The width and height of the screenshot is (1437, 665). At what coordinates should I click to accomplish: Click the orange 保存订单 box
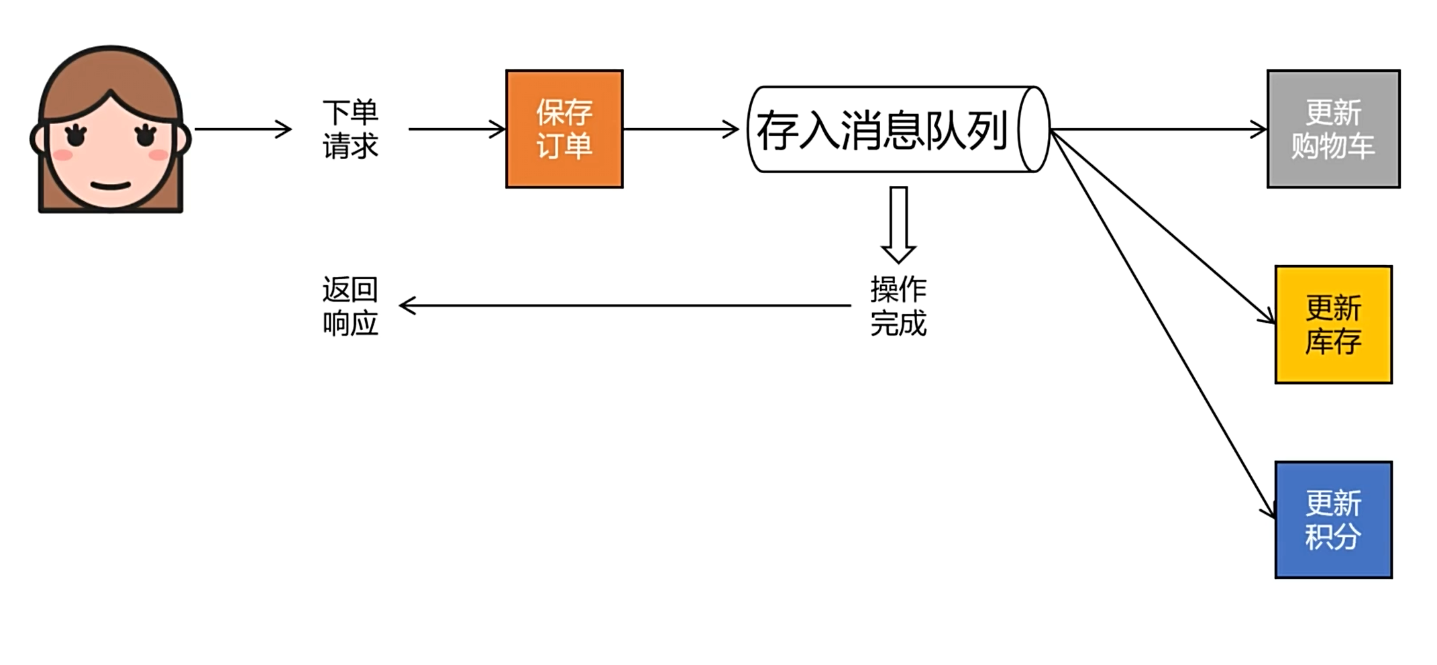[564, 129]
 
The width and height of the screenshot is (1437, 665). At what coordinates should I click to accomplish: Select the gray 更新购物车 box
[1333, 129]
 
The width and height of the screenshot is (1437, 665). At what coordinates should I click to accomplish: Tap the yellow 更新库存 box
[1333, 325]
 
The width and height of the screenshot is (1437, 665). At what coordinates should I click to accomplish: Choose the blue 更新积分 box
[1333, 520]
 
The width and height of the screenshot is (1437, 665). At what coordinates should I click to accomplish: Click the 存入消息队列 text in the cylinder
[882, 130]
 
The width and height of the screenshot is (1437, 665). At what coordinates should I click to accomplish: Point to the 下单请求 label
[350, 129]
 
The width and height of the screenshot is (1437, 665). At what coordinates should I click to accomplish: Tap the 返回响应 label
[350, 306]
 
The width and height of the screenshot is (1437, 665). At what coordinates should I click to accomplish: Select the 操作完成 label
[898, 306]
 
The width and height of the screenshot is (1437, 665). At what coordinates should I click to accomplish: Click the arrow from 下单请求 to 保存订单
[456, 129]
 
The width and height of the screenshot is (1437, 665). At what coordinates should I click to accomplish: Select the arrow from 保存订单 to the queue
[680, 129]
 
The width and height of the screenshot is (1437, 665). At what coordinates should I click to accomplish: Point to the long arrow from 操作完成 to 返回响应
[624, 306]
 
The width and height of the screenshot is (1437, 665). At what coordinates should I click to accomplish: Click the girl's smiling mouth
[111, 186]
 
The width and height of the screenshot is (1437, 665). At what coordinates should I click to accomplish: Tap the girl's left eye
[76, 136]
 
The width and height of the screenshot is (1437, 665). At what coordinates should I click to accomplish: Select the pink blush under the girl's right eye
[158, 156]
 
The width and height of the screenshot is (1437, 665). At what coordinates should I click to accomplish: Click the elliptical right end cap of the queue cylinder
[1034, 130]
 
